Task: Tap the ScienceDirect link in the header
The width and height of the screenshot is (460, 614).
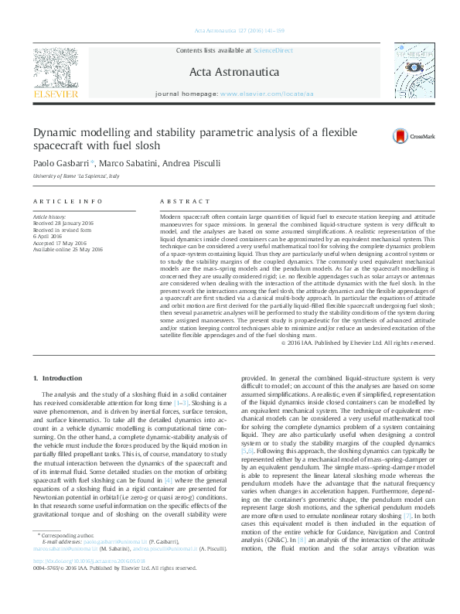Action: click(x=274, y=49)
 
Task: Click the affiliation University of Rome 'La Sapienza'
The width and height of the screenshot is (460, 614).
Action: click(x=76, y=177)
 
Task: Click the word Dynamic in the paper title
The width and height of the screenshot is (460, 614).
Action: click(x=56, y=132)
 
